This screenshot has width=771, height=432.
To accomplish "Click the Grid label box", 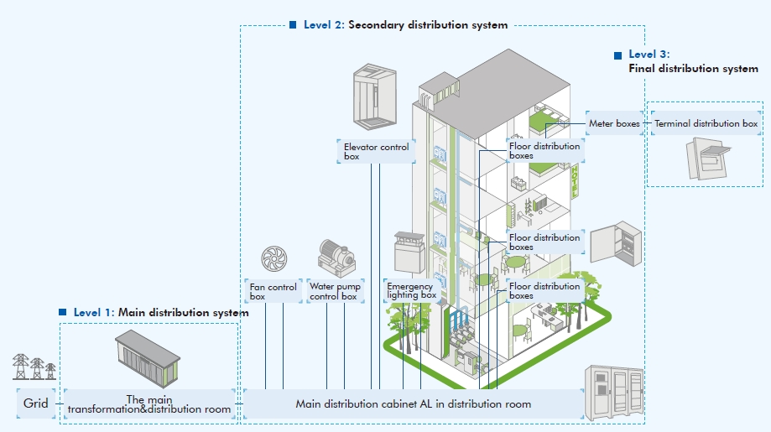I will point(35,403).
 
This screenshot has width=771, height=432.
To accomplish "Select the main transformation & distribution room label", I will point(148,404).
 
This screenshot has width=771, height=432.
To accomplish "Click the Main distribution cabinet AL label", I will point(413,403).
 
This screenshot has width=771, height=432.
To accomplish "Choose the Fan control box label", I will point(273,291).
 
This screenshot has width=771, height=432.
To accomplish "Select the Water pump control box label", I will point(334,291).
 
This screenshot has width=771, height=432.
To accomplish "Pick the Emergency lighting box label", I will point(411,291).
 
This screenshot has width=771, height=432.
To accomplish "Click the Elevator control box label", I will point(376,151).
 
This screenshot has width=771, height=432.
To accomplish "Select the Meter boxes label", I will point(614,123).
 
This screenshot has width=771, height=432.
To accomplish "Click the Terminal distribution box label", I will point(706,123).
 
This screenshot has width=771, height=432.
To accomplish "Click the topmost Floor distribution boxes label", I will point(544,150).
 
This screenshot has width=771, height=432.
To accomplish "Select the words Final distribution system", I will point(693,69).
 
